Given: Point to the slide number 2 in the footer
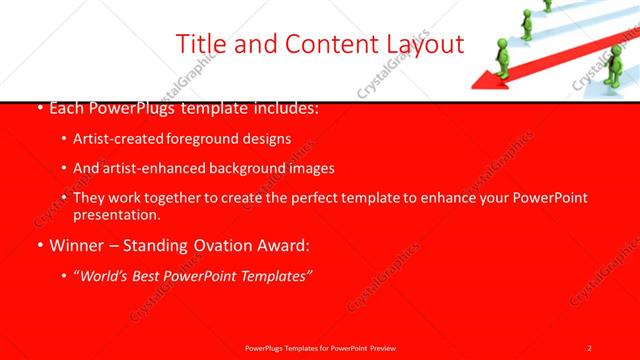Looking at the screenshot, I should [589, 347].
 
